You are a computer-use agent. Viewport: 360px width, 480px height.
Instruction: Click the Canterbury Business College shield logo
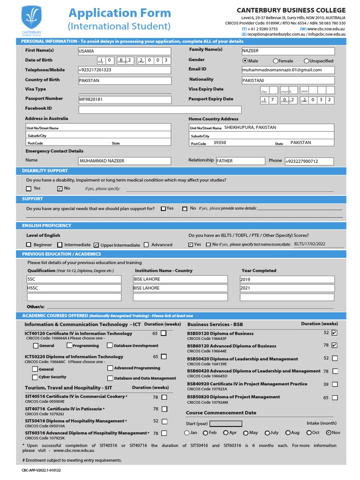click(31, 19)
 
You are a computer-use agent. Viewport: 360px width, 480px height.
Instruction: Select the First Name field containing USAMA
click(124, 51)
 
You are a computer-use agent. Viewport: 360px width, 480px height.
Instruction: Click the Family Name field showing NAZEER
click(288, 51)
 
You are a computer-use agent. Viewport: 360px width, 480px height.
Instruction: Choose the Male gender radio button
click(245, 61)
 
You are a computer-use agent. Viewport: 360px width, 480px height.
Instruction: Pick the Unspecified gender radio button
click(307, 61)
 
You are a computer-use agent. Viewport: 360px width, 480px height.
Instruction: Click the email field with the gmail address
click(288, 70)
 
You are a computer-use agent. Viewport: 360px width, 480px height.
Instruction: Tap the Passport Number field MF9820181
click(124, 99)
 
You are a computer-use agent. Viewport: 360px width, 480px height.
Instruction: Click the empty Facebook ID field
click(160, 110)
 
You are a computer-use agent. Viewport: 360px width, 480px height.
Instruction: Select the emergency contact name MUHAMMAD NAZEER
click(124, 161)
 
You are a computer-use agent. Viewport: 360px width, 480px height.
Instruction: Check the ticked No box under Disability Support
click(60, 188)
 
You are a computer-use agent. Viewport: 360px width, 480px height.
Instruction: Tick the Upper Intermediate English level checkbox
click(96, 245)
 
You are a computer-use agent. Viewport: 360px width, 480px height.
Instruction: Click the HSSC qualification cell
click(74, 288)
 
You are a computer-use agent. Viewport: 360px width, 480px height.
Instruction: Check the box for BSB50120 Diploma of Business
click(334, 333)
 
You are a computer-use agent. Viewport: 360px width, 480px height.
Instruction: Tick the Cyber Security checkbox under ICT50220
click(35, 377)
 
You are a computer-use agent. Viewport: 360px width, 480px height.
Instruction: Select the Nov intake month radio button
click(328, 433)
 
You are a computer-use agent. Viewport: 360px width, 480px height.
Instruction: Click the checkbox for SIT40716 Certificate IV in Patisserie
click(164, 409)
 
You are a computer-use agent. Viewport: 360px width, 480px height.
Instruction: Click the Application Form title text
click(119, 13)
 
